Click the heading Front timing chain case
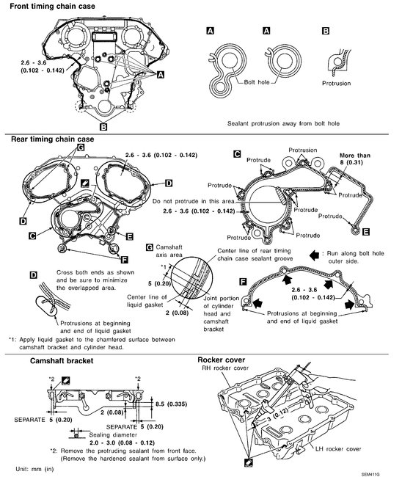[52, 6]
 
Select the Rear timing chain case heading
[53, 139]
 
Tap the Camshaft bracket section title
[62, 361]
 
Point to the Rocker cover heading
[221, 360]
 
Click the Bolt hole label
[257, 82]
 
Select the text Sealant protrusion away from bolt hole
[283, 123]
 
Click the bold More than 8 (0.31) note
[354, 159]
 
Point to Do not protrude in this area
[194, 201]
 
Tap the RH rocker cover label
[225, 368]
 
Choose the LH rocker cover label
[338, 448]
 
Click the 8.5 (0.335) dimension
[171, 404]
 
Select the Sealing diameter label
[113, 434]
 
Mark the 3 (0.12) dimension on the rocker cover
[277, 415]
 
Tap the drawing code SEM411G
[370, 475]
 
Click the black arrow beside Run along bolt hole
[314, 255]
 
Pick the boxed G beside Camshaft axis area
[150, 247]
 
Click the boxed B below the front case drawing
[103, 126]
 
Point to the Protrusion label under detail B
[336, 83]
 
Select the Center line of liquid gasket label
[147, 301]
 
